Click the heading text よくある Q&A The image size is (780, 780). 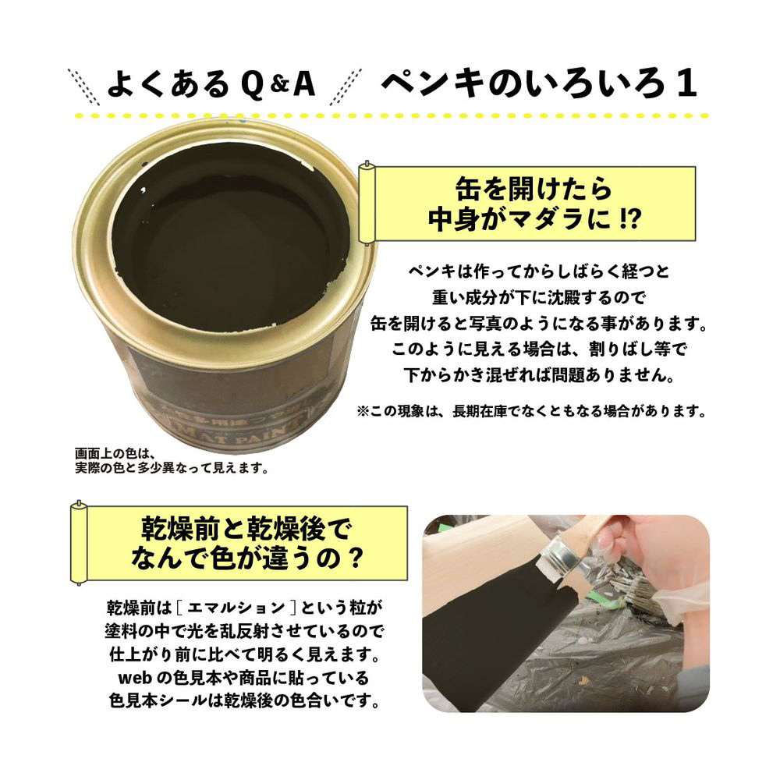(x=211, y=83)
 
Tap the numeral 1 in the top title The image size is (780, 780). (x=686, y=83)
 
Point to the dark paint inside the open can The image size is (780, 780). (x=232, y=239)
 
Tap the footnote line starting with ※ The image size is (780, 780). (x=531, y=411)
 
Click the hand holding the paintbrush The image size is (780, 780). (x=651, y=548)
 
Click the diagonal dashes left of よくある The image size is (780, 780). (x=83, y=87)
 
